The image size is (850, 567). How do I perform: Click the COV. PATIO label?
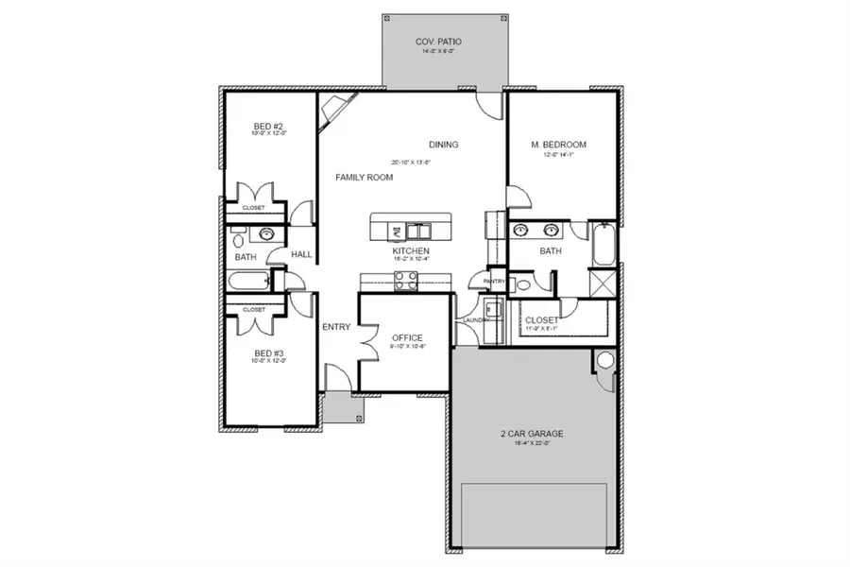435,43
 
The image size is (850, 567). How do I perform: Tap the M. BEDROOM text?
559,145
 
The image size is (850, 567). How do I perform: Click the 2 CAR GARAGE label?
532,434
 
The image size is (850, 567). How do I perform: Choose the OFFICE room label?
407,337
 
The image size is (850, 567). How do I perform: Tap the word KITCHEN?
411,251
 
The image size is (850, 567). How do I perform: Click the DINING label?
444,145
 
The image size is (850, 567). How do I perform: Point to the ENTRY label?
336,327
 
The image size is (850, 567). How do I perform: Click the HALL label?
301,254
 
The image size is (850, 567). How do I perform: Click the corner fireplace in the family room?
330,114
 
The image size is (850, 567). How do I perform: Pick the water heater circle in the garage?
604,359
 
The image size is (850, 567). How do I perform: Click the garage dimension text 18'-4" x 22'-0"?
532,444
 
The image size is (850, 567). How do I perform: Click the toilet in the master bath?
523,284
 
